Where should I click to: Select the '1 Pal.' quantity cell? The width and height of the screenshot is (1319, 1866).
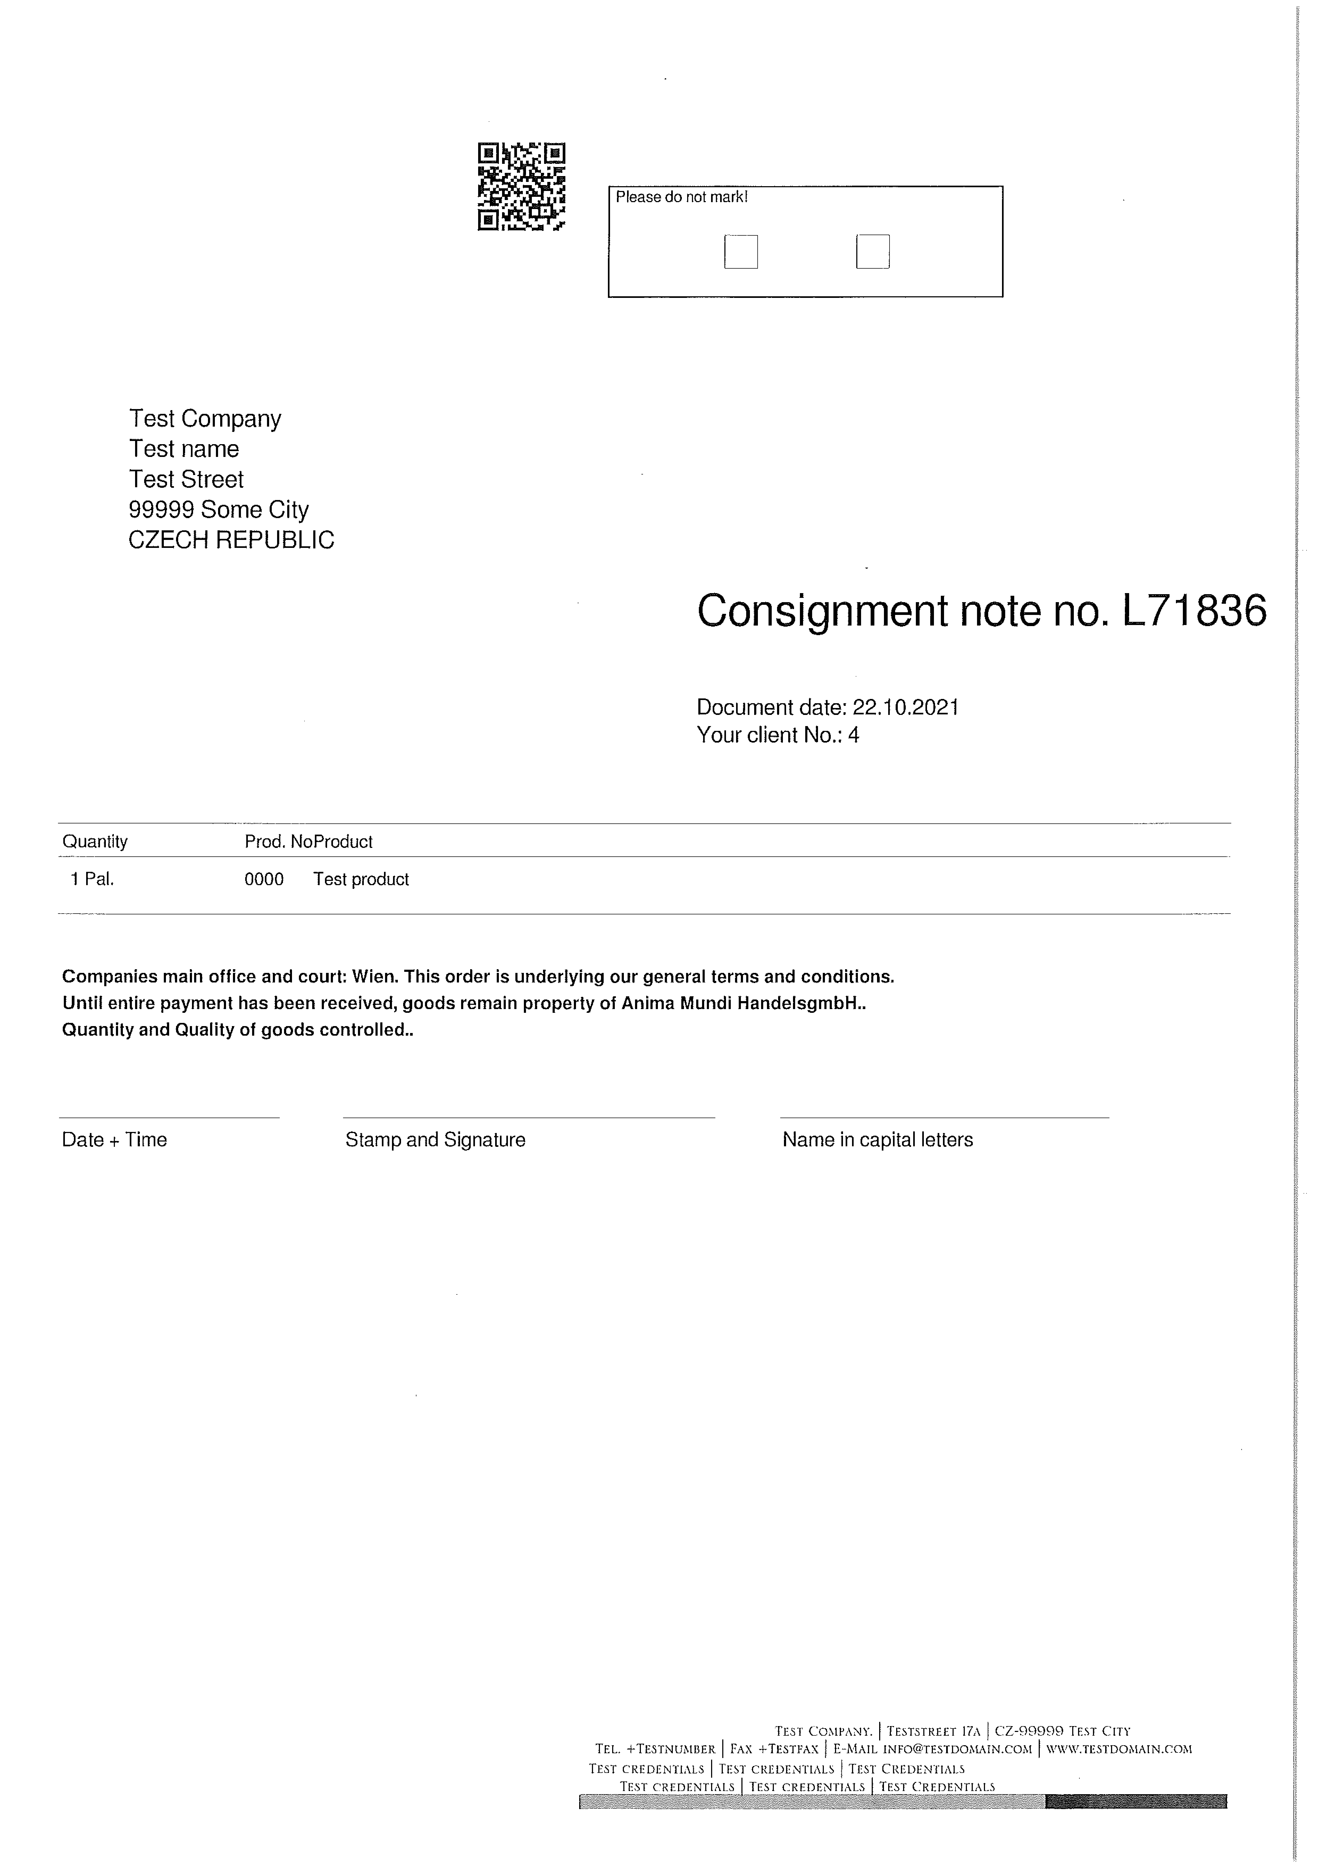tap(93, 879)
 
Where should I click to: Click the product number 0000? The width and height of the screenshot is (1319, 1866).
tap(264, 879)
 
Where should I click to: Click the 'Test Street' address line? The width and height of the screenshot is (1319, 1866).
tap(186, 480)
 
